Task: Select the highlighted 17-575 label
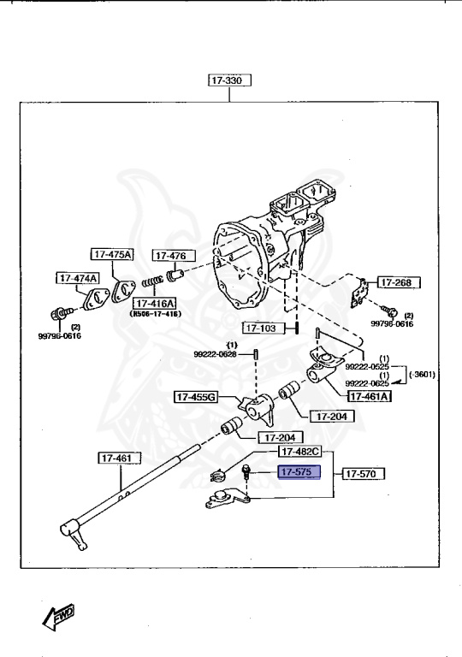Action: [297, 472]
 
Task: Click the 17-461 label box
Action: [115, 459]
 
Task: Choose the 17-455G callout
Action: [197, 397]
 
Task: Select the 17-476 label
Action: [174, 256]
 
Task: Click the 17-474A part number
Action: [78, 278]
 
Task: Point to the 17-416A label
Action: [153, 304]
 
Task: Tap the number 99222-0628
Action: [215, 355]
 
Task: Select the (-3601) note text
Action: [423, 374]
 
